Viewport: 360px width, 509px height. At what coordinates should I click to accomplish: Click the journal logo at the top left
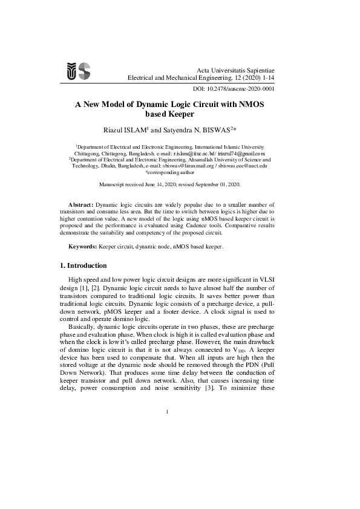click(78, 71)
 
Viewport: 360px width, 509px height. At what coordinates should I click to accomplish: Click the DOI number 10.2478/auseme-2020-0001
click(245, 88)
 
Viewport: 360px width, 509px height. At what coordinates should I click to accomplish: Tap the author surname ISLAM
click(136, 129)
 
